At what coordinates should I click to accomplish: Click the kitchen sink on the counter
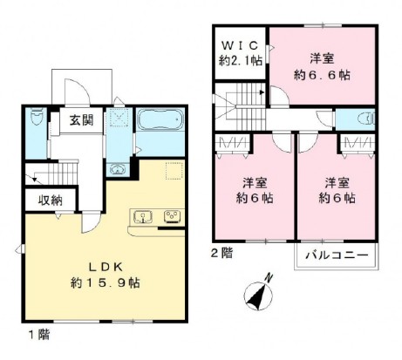pos(144,216)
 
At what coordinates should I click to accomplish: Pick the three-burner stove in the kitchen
pos(171,216)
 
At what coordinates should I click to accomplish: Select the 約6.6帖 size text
pos(323,75)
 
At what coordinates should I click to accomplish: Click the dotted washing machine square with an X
pos(121,117)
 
